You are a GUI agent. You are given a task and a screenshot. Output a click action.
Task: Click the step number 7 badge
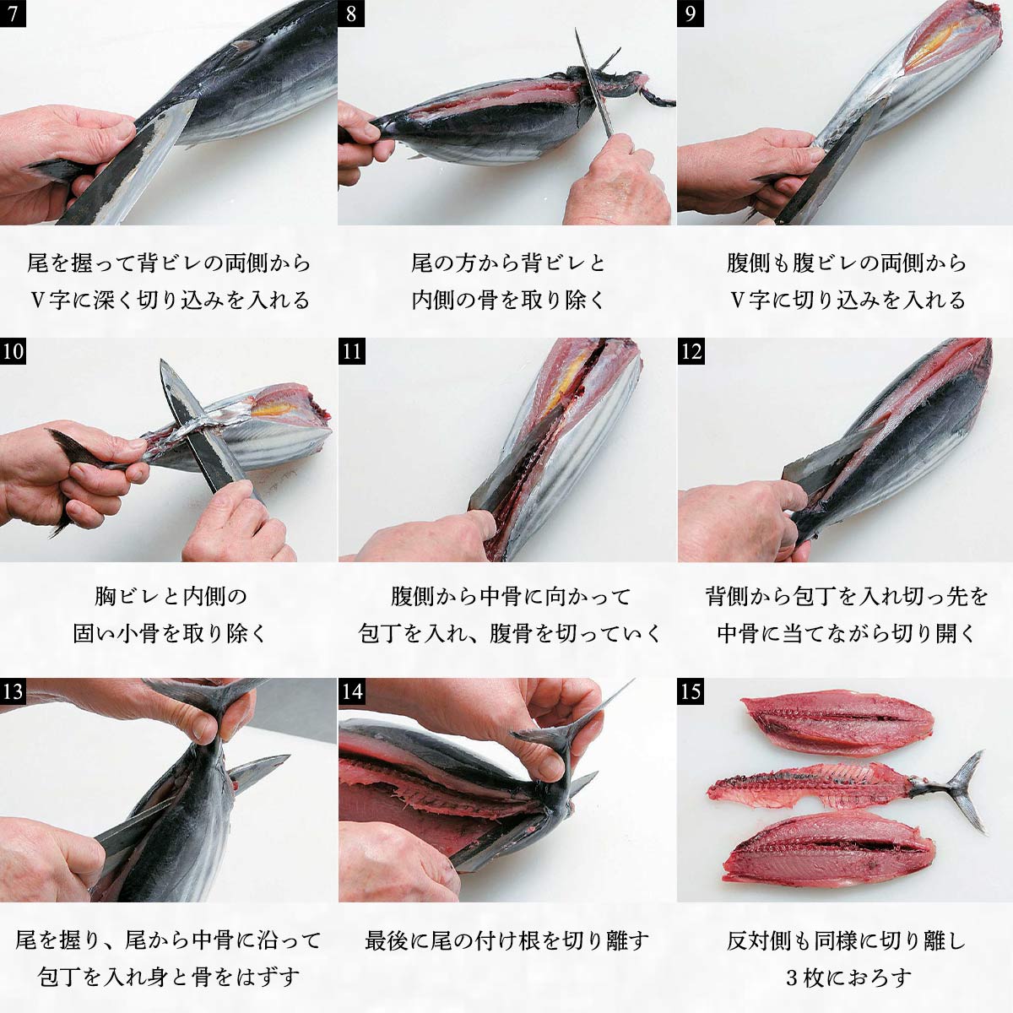(x=13, y=14)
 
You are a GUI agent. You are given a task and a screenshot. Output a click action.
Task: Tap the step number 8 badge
(x=351, y=14)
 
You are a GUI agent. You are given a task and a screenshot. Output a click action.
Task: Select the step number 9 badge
(x=691, y=14)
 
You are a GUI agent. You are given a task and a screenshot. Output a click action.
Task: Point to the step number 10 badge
(x=13, y=351)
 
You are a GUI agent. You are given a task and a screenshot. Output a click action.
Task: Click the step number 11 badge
(x=351, y=351)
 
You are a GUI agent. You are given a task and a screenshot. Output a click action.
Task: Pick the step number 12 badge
(x=691, y=351)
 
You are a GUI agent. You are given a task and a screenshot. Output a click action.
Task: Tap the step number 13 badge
(x=13, y=691)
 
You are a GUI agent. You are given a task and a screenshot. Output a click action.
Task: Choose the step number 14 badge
(x=351, y=691)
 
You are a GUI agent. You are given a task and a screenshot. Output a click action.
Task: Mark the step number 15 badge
(x=691, y=691)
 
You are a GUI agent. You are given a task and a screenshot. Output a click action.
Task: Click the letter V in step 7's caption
(x=37, y=301)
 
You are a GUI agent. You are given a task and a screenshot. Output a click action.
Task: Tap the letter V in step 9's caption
(x=738, y=301)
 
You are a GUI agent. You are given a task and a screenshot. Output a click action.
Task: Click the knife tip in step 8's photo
(x=576, y=30)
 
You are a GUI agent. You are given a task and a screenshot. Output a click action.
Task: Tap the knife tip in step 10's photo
(x=162, y=361)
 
